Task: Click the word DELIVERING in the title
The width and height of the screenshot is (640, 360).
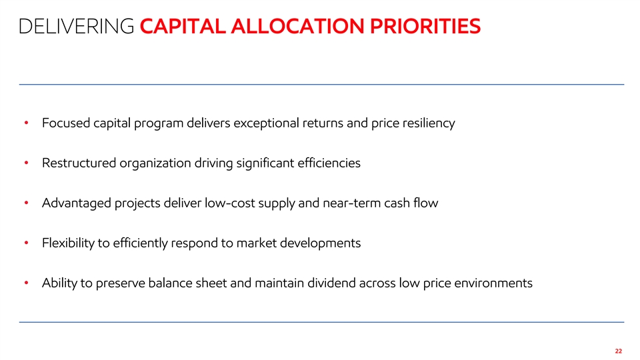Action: (x=76, y=27)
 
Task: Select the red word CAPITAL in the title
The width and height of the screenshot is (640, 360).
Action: (x=183, y=27)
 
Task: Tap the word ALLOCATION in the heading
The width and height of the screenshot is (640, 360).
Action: (x=297, y=27)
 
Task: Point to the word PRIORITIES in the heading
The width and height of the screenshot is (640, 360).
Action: (x=425, y=27)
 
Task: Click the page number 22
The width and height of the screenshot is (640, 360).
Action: (x=619, y=351)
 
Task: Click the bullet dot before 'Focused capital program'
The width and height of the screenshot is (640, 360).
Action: (x=26, y=123)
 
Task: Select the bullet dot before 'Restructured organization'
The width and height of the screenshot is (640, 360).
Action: (x=26, y=163)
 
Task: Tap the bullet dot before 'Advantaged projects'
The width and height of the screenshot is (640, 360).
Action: (x=26, y=203)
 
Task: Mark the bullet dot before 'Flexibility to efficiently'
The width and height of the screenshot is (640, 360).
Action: (x=26, y=243)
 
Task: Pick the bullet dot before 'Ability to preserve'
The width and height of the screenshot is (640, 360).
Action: (x=26, y=283)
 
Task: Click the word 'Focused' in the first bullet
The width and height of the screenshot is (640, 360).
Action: (x=66, y=123)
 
